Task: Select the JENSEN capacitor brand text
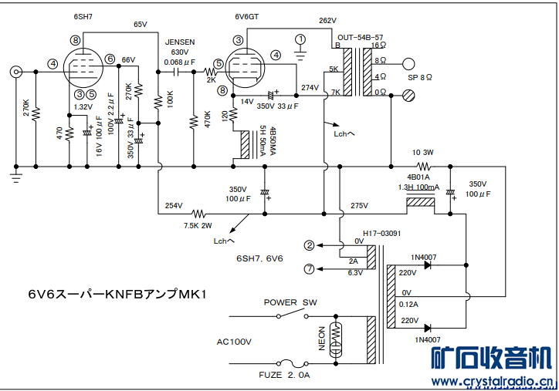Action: (x=180, y=42)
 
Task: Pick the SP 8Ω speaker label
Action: (x=420, y=78)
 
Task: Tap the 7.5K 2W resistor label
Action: (x=198, y=226)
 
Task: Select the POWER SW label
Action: (x=290, y=302)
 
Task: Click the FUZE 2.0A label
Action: (x=284, y=375)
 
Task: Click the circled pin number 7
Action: (x=310, y=268)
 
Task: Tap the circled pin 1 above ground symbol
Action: (x=301, y=39)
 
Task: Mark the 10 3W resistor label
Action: (x=424, y=152)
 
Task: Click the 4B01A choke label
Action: (x=418, y=177)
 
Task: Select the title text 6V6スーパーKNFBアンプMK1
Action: (x=117, y=294)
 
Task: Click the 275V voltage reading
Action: (x=359, y=205)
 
